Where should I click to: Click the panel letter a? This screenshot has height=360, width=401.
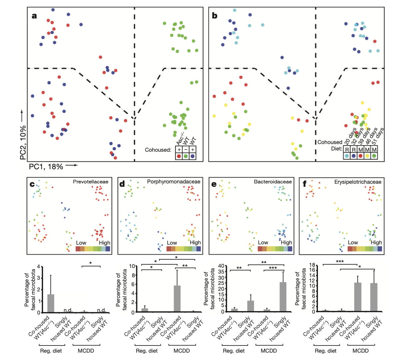coord(34,16)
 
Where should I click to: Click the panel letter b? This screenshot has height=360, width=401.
coord(215,16)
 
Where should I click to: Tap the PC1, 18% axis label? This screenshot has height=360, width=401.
coord(46,166)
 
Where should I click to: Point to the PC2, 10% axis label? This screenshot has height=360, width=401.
coord(23,142)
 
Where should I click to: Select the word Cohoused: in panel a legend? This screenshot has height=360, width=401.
coord(158,150)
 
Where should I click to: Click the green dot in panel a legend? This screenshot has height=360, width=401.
coord(186,156)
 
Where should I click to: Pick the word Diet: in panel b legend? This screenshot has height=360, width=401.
coord(336,149)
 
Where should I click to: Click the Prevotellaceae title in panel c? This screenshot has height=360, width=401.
coord(90,182)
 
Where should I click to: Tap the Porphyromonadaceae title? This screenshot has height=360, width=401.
coord(173,182)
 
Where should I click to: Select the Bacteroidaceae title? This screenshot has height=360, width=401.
coord(273,182)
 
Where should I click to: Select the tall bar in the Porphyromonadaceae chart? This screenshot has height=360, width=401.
coord(177,299)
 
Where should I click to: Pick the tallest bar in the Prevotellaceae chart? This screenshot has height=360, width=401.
coord(51,303)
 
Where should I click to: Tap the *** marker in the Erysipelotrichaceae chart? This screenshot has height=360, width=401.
coord(340,262)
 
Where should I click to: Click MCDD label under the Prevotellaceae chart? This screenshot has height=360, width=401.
coord(86,351)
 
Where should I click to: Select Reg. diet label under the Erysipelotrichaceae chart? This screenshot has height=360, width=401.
coord(326,351)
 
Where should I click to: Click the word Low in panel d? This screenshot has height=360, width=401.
coord(172,243)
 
